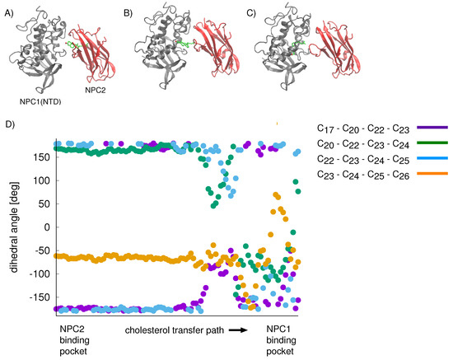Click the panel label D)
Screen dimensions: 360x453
click(x=10, y=124)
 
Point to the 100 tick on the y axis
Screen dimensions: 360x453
click(x=40, y=180)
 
